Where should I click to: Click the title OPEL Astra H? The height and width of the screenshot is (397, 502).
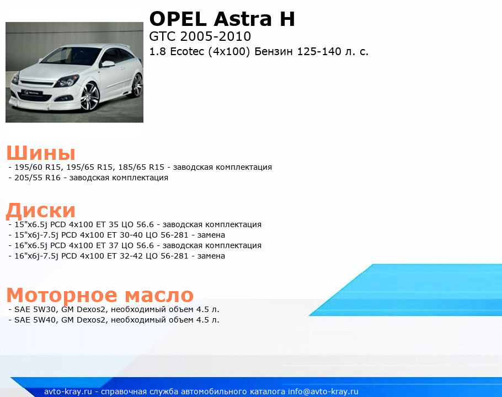click(222, 19)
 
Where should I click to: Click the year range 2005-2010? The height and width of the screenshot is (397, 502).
click(216, 36)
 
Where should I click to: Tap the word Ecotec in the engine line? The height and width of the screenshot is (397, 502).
click(187, 51)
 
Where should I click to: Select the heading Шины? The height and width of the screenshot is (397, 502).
click(41, 153)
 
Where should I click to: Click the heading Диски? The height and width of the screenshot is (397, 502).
click(41, 211)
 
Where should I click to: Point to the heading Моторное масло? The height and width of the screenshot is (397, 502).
click(100, 294)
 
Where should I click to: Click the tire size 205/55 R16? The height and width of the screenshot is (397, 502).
click(38, 178)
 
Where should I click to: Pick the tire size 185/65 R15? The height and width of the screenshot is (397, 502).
click(141, 167)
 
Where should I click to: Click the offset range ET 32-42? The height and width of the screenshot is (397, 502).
click(125, 256)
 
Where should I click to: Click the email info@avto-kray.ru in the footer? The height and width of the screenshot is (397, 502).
click(323, 391)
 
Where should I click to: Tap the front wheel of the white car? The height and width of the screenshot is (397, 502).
click(90, 96)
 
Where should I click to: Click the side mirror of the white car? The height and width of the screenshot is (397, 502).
click(108, 64)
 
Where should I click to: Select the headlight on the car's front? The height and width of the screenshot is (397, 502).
click(67, 81)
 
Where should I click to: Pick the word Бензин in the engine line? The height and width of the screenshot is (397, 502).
click(274, 51)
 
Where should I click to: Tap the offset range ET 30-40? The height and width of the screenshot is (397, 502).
click(125, 235)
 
